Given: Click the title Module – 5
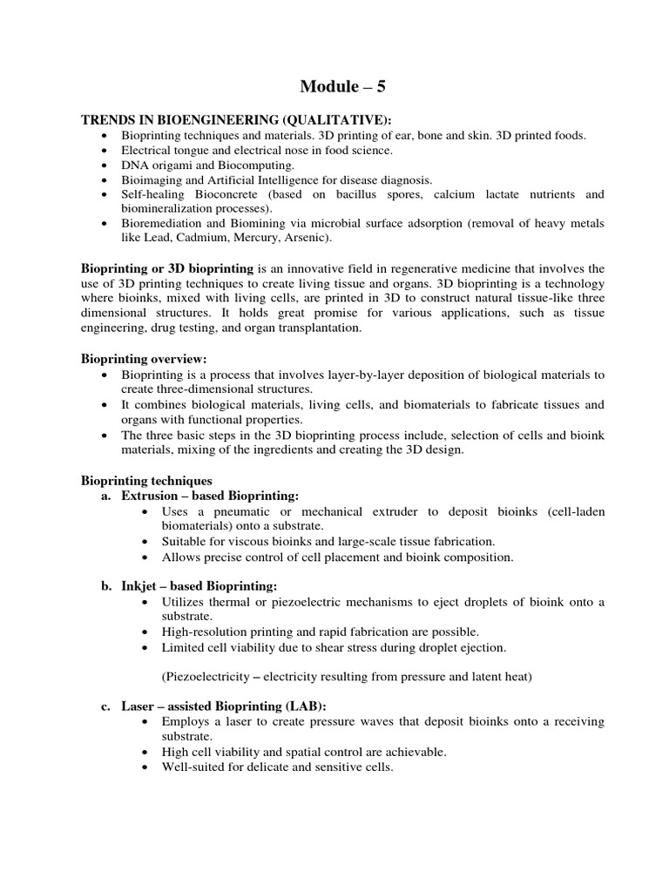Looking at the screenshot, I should click(x=334, y=85).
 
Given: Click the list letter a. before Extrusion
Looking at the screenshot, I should click(x=106, y=495).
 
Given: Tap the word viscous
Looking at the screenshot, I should click(x=235, y=541).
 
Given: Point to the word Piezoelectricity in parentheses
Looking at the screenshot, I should click(x=206, y=676).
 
